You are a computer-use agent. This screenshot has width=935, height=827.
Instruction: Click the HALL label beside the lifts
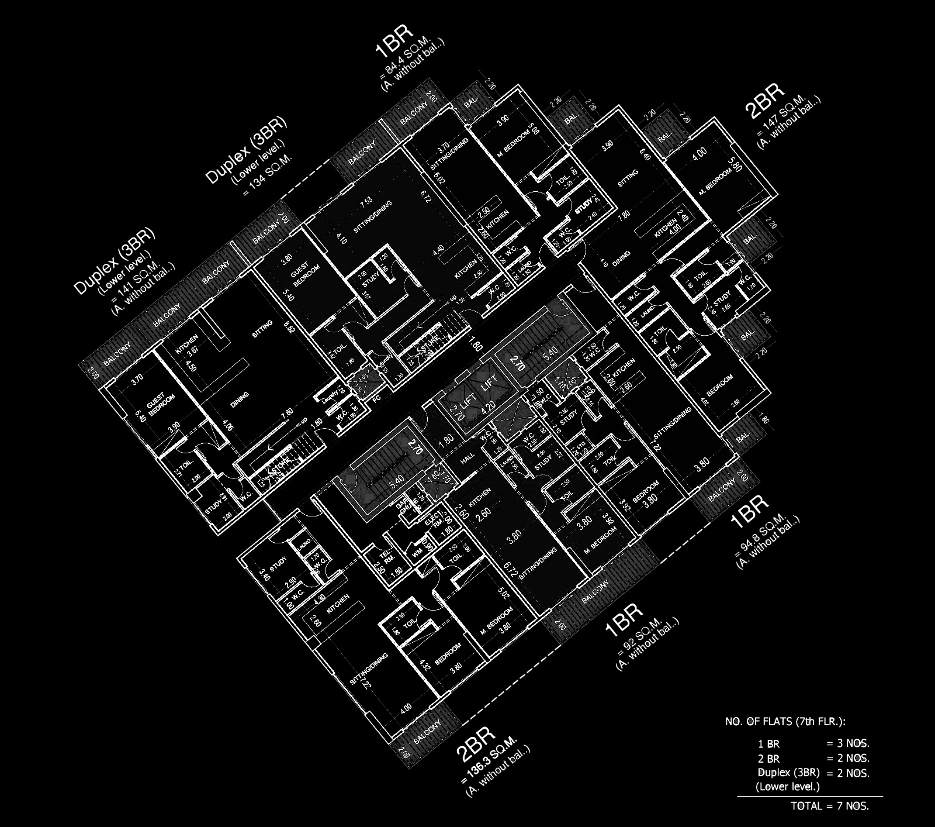pos(468,460)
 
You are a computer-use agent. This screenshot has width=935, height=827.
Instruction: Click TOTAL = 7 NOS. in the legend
pos(830,806)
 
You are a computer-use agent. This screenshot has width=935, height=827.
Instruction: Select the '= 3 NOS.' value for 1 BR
pos(848,744)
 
